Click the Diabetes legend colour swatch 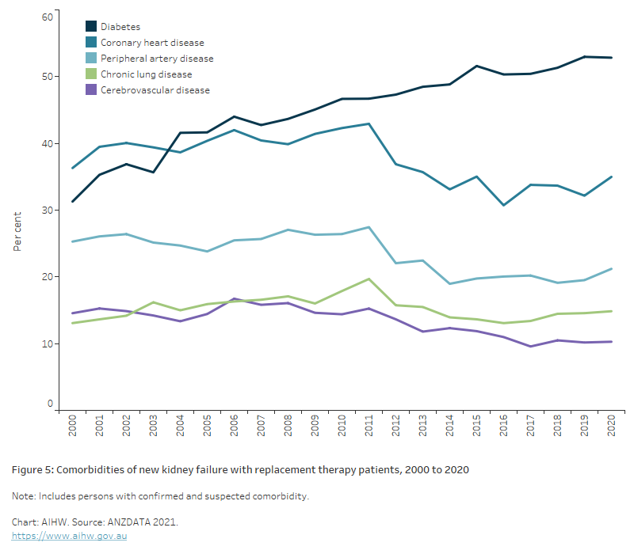[91, 27]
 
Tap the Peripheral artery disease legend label [157, 59]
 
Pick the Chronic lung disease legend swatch [91, 74]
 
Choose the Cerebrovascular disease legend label [155, 90]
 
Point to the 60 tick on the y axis [47, 17]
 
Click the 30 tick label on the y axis [47, 211]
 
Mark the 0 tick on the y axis [49, 404]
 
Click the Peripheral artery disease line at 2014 [450, 283]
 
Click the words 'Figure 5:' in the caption [32, 470]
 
